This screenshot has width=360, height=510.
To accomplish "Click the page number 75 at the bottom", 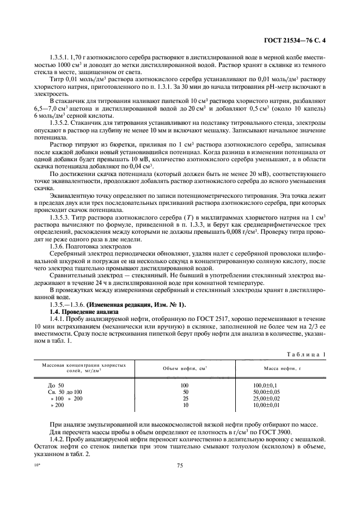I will click(179, 465).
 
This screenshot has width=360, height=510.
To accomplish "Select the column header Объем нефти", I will click(185, 369).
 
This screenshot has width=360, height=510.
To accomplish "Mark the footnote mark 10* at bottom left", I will click(37, 465).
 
